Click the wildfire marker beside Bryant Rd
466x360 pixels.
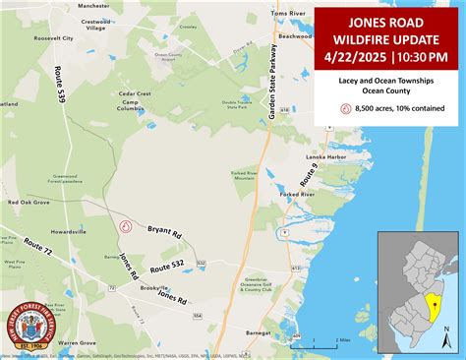[126, 225]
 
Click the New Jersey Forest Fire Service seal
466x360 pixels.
[31, 327]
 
